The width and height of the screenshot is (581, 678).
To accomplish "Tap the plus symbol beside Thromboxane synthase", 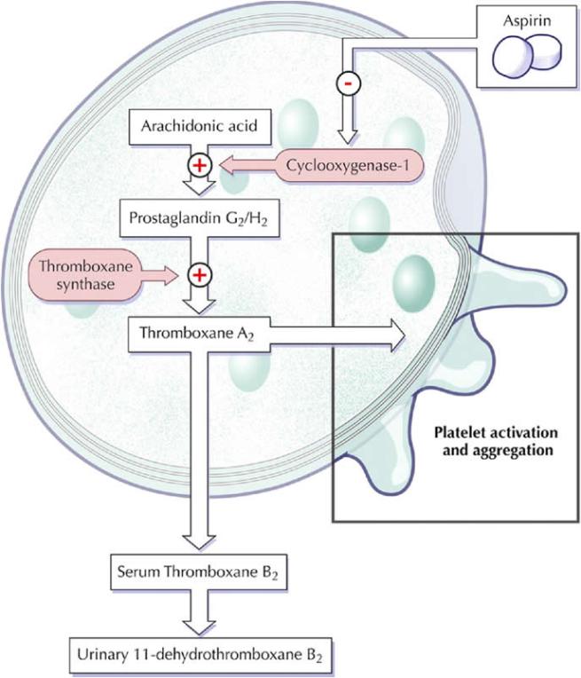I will click(200, 275).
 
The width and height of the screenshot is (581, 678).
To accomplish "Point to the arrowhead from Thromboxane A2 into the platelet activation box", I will click(395, 334).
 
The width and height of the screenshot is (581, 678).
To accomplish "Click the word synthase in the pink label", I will click(85, 285).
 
